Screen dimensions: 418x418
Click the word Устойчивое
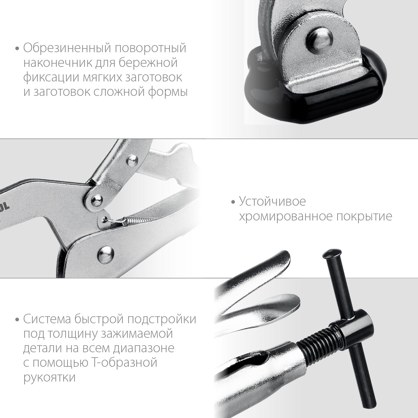point(272,201)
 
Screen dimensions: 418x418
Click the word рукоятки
point(49,378)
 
